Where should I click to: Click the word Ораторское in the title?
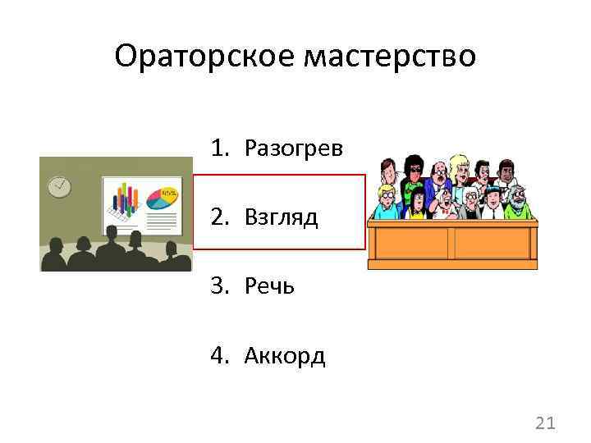click(204, 57)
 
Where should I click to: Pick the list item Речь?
click(269, 286)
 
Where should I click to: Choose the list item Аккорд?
click(284, 355)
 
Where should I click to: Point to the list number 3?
click(218, 286)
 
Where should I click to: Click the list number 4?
click(218, 355)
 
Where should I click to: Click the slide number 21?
click(545, 423)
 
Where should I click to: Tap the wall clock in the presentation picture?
click(59, 186)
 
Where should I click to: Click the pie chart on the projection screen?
click(163, 198)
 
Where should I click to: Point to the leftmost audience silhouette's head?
click(55, 247)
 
